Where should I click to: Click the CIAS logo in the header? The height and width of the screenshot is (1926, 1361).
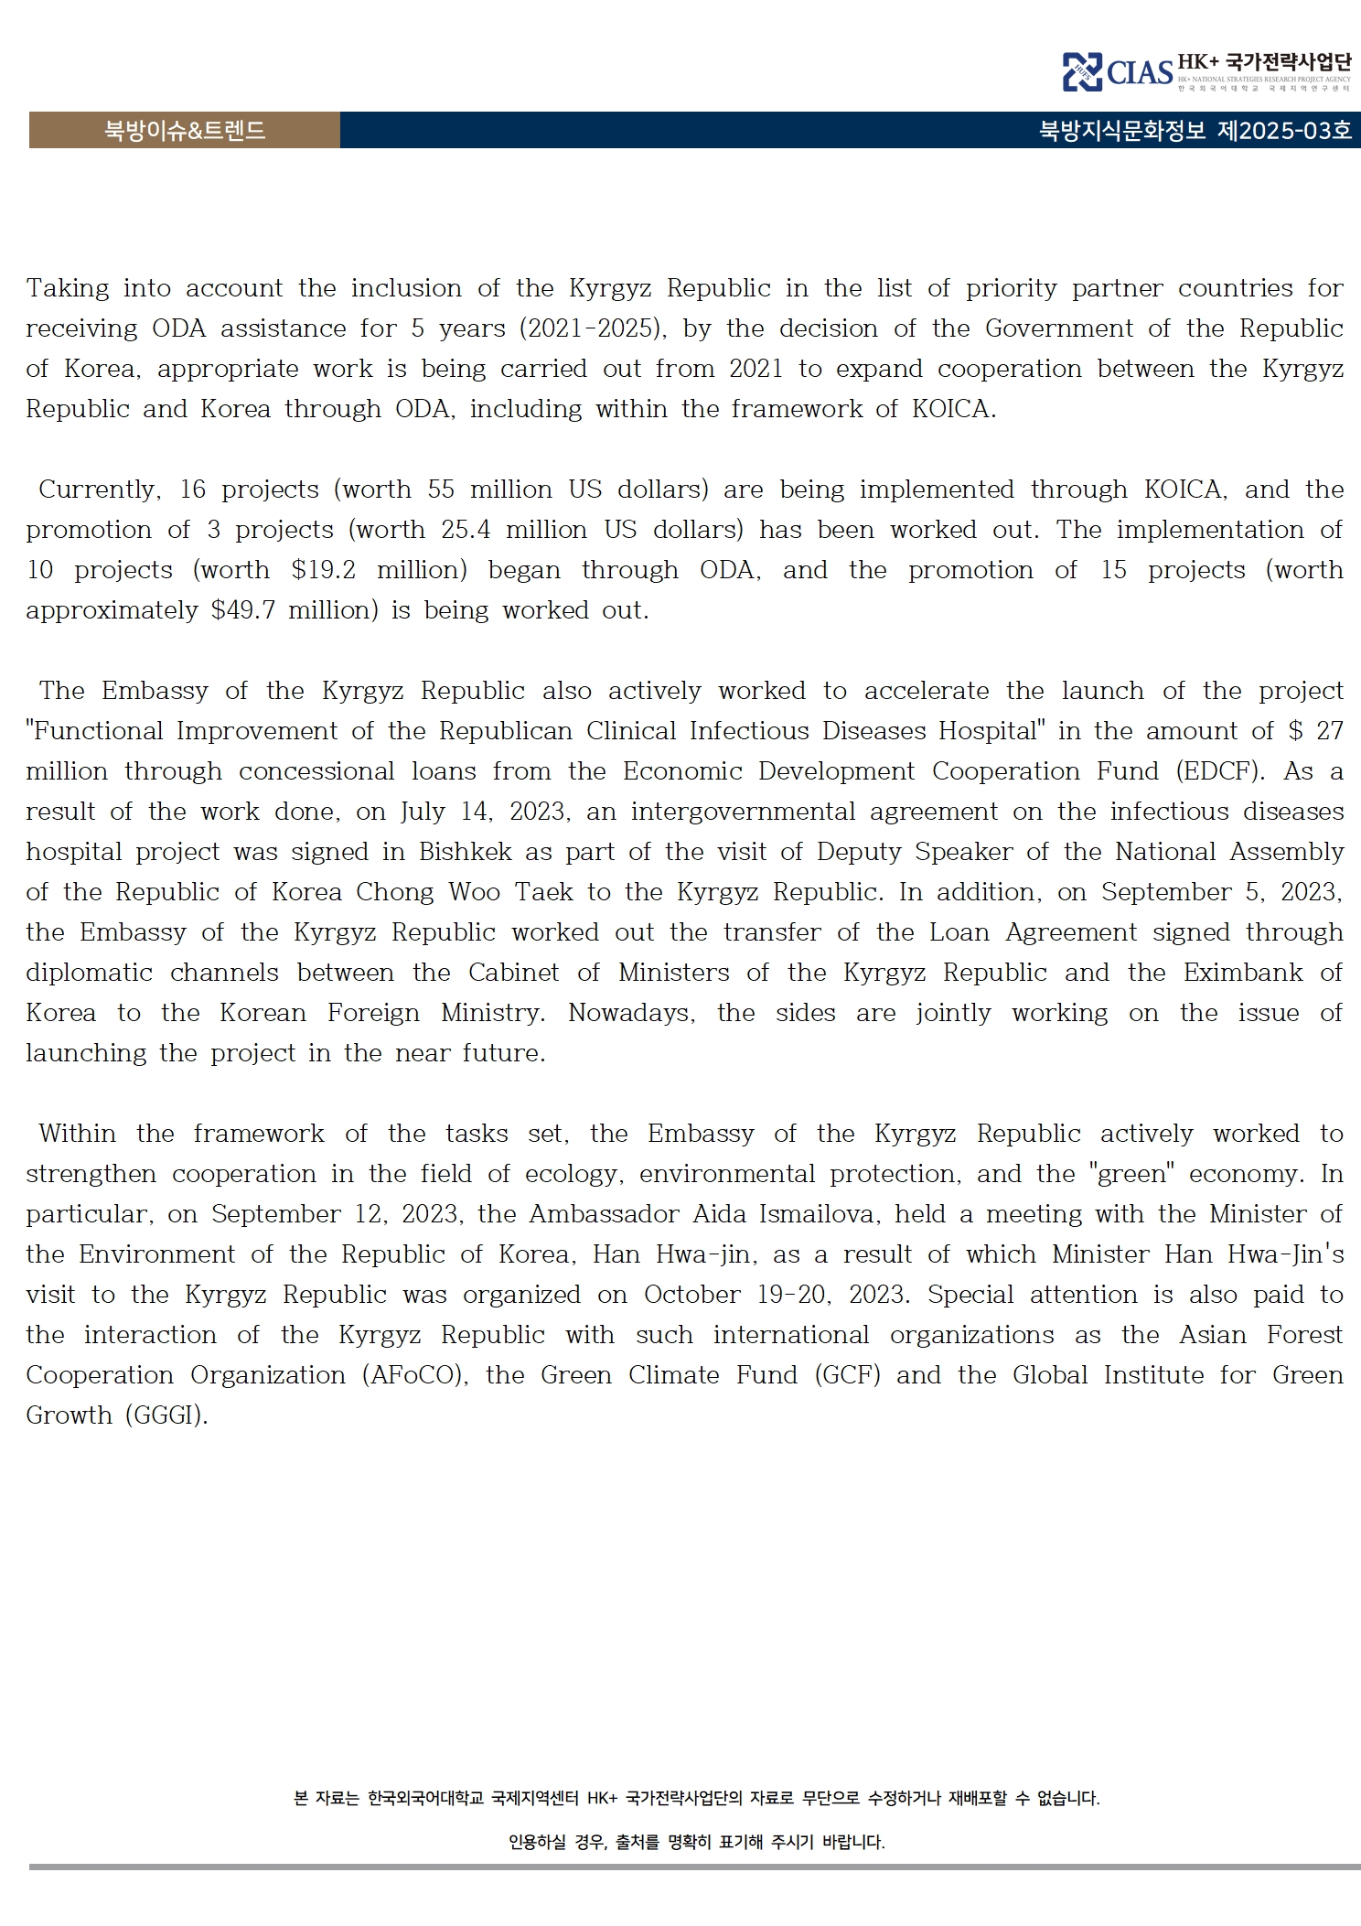tap(1118, 71)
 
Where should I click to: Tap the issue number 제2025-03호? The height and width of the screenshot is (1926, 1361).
tap(1283, 131)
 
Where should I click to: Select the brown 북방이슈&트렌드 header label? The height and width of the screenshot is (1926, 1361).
tap(184, 131)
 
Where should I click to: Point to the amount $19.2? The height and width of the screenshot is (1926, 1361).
tap(323, 570)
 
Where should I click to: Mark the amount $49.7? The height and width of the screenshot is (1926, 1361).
tap(242, 610)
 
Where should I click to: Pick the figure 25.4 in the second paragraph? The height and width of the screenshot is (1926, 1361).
tap(466, 530)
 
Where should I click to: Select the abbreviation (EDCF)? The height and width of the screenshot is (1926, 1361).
tap(1221, 771)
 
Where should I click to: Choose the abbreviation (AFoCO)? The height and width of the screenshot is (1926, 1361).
tap(415, 1375)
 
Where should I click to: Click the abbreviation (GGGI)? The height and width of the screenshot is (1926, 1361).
tap(166, 1415)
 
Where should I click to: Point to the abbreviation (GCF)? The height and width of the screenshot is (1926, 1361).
tap(847, 1375)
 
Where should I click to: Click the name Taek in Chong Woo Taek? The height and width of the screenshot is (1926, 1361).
tap(544, 892)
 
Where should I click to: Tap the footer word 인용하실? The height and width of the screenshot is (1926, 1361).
tap(537, 1842)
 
